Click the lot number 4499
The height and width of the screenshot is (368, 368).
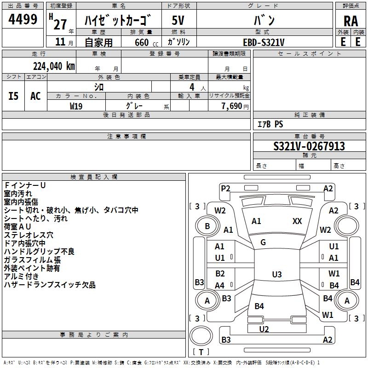click(23, 20)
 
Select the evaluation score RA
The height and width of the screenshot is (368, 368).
click(351, 21)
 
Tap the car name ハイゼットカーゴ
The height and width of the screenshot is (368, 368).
click(119, 21)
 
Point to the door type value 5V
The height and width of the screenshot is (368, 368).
click(178, 21)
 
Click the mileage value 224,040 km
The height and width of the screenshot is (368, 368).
click(54, 66)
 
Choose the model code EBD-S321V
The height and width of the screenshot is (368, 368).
click(264, 42)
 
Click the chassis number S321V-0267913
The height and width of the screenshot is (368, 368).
click(309, 147)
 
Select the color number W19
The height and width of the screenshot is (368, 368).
click(76, 106)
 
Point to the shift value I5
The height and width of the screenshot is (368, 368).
click(14, 96)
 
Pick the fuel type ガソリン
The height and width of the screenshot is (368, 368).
click(178, 42)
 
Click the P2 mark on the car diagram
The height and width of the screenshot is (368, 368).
click(225, 188)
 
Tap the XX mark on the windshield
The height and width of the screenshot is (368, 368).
click(297, 221)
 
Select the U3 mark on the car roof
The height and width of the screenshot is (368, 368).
click(276, 275)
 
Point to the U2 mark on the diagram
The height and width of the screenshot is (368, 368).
click(264, 329)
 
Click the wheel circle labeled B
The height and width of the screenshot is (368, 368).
click(207, 226)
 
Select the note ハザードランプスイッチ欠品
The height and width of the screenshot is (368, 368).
click(50, 285)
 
